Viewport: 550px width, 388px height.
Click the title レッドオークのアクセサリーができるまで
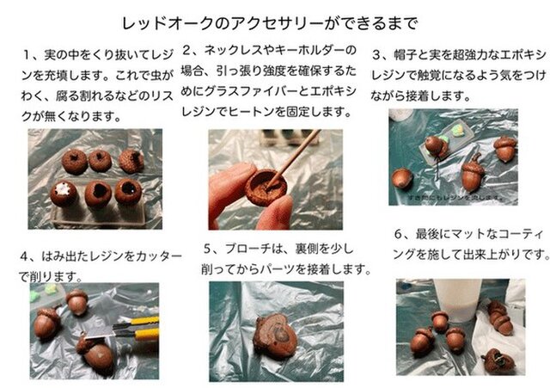pyautogui.click(x=274, y=21)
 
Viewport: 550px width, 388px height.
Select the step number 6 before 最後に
pyautogui.click(x=399, y=233)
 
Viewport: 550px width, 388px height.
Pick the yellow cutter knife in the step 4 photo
pyautogui.click(x=143, y=325)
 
